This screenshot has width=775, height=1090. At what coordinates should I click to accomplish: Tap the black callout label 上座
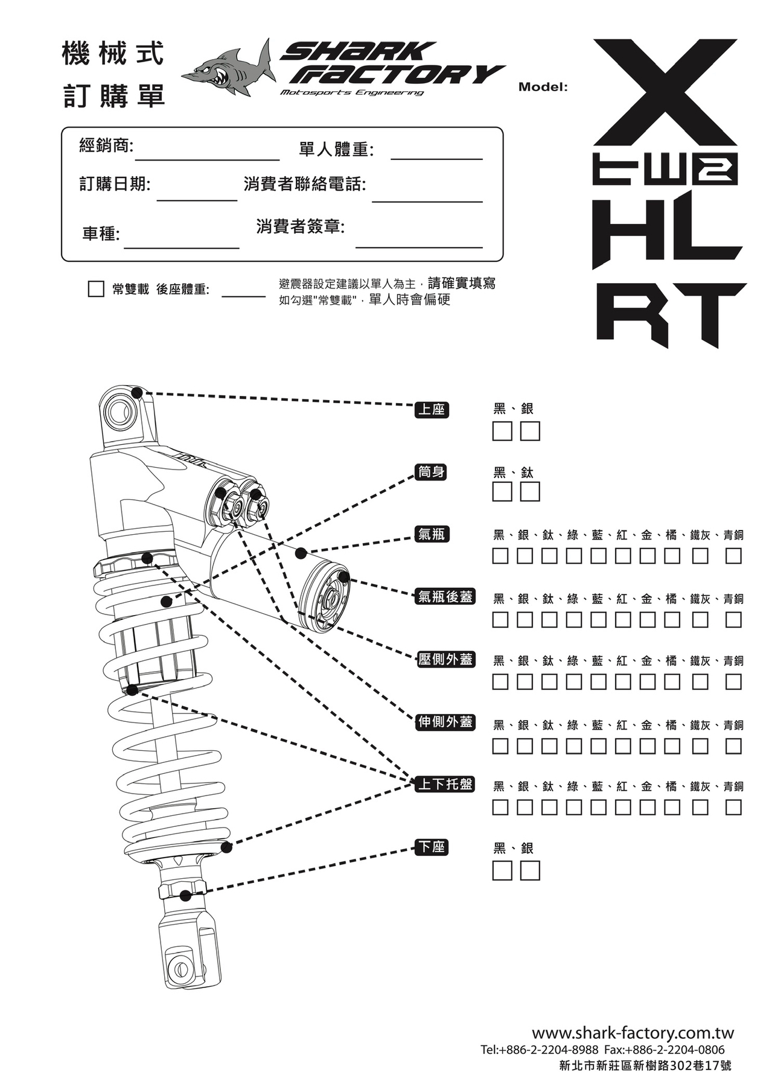pyautogui.click(x=432, y=410)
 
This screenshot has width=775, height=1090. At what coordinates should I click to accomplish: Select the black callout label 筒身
pyautogui.click(x=432, y=471)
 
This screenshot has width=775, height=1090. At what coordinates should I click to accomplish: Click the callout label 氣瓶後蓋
pyautogui.click(x=445, y=596)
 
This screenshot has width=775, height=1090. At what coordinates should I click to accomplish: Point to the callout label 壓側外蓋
pyautogui.click(x=445, y=659)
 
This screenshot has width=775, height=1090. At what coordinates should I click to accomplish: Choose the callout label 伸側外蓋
pyautogui.click(x=445, y=722)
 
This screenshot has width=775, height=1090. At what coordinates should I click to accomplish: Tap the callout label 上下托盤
pyautogui.click(x=445, y=784)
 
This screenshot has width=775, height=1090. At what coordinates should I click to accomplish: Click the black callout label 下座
pyautogui.click(x=432, y=847)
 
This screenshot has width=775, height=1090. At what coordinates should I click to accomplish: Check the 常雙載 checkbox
pyautogui.click(x=96, y=289)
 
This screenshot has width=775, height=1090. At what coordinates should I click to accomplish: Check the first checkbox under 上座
pyautogui.click(x=502, y=432)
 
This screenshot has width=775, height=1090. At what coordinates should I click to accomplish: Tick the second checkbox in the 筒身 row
pyautogui.click(x=530, y=492)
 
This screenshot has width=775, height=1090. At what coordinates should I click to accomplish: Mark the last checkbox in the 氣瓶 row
pyautogui.click(x=733, y=555)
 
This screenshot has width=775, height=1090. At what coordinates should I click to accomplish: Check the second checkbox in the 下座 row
pyautogui.click(x=530, y=870)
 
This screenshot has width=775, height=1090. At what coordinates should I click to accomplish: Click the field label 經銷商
pyautogui.click(x=106, y=145)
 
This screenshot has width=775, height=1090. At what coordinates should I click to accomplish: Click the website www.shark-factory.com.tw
pyautogui.click(x=632, y=1033)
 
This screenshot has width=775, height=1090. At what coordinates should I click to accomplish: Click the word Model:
pyautogui.click(x=543, y=87)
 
